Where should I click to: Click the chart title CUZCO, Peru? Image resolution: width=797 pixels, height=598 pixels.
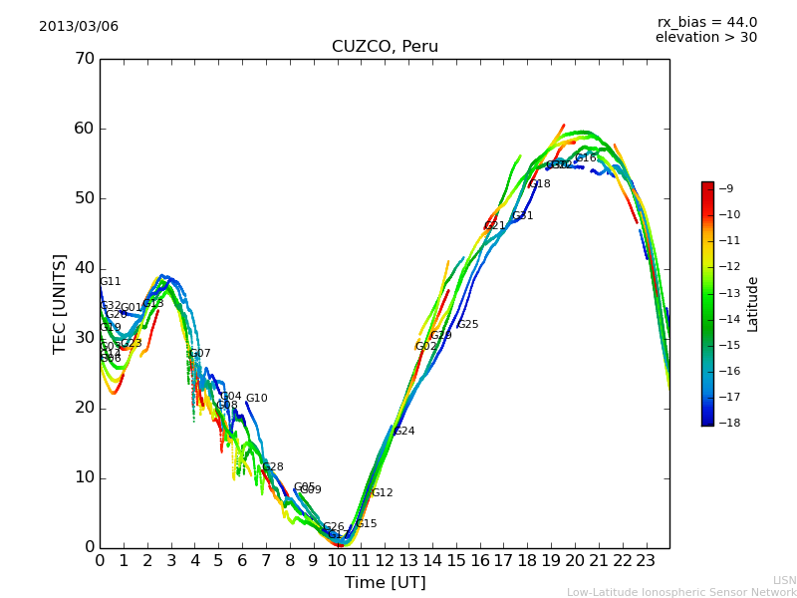(x=385, y=47)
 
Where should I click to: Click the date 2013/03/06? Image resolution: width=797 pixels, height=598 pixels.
(x=79, y=26)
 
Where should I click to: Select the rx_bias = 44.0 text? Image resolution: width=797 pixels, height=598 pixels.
(x=706, y=22)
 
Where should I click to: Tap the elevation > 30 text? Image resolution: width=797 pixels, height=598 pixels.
(x=706, y=38)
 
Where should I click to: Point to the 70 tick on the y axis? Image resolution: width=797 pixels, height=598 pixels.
(x=84, y=59)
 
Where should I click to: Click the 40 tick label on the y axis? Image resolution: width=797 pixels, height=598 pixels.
(x=84, y=268)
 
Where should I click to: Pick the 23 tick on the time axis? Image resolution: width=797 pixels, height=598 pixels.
(x=646, y=560)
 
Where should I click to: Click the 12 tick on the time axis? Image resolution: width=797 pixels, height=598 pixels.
(x=385, y=560)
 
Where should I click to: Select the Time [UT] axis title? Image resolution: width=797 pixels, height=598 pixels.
(x=385, y=582)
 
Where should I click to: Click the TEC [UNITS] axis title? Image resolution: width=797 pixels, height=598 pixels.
(x=60, y=303)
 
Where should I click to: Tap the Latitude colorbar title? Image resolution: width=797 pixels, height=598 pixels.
(x=753, y=303)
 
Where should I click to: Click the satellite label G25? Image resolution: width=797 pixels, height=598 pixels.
(x=467, y=325)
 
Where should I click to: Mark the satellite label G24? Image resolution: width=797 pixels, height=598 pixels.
(x=403, y=432)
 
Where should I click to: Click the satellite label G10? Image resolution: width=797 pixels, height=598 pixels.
(x=256, y=399)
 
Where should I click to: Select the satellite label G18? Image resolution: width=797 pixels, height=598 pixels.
(x=539, y=184)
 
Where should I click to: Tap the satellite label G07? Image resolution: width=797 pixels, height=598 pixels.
(x=199, y=354)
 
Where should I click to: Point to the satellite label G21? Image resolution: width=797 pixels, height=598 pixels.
(x=495, y=226)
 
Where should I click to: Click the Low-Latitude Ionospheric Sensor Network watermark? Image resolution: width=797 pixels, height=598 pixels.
(x=681, y=592)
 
